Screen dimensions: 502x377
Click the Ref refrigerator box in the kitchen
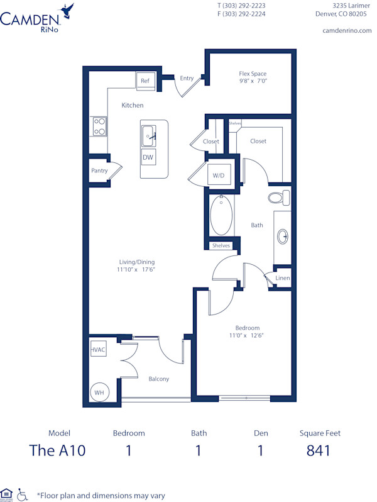(145, 81)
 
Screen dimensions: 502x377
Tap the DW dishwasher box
(148, 157)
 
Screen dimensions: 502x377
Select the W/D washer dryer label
(219, 176)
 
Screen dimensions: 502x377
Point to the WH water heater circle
(99, 391)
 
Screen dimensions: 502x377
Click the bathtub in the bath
(221, 216)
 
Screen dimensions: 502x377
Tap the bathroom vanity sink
(283, 237)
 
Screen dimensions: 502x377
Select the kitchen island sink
(149, 135)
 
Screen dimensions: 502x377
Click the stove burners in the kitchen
(99, 126)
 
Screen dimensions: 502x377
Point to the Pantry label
(99, 170)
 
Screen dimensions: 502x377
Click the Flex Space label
(253, 74)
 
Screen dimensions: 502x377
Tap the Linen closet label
(283, 278)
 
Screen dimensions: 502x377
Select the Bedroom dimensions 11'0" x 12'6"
(248, 336)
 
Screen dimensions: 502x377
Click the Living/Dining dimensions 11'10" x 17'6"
(137, 270)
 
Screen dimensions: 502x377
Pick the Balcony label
(158, 379)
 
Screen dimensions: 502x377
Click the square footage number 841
(318, 450)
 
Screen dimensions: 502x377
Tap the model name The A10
(57, 450)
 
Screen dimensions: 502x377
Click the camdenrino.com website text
(347, 30)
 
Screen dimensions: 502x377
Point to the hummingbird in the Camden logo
(67, 9)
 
